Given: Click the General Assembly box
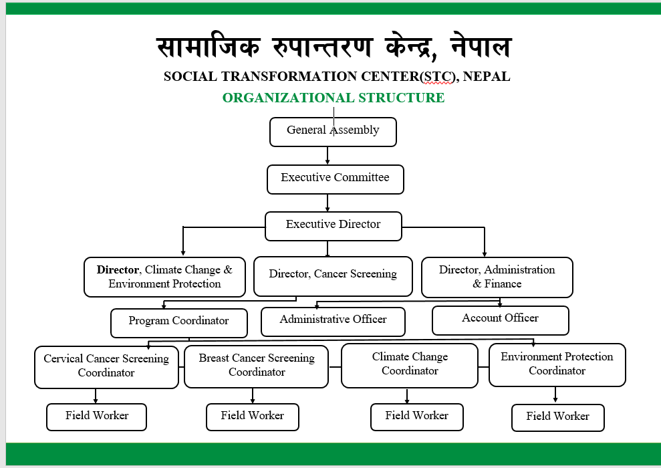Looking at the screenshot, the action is coord(333,132).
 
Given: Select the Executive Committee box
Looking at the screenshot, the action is coord(335,179).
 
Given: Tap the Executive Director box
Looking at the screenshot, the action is coord(333,226).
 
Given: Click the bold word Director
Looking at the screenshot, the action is coord(118,270).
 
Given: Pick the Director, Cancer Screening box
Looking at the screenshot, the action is coord(333,276).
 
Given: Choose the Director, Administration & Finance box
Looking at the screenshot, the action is coord(497,277).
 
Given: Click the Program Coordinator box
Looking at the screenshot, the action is coord(178,323).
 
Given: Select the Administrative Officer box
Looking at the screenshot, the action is coord(333,322).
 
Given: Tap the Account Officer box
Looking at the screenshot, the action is coord(501,320).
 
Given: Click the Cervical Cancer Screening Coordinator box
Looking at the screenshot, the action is coord(106,367).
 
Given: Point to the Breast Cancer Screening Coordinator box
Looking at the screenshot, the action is coord(256,366).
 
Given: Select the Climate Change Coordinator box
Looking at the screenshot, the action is coord(410,365).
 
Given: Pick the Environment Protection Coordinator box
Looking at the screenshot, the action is coord(557,364).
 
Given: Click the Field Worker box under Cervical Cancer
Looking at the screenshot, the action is coord(96,417).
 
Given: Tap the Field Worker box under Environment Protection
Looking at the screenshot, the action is coord(557,418).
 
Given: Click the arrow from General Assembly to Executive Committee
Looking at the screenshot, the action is coord(327,156).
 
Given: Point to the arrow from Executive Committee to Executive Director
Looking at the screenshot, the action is coord(327,203).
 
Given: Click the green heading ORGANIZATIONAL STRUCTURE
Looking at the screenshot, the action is coord(334,98).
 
